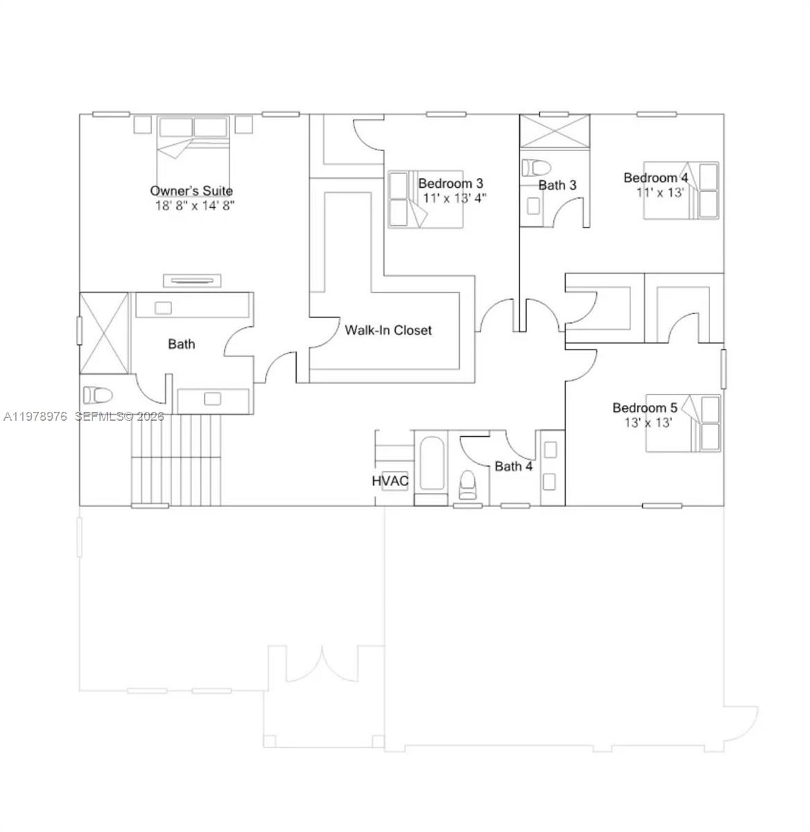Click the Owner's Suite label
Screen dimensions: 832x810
pyautogui.click(x=191, y=191)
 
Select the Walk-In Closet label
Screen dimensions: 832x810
pyautogui.click(x=388, y=330)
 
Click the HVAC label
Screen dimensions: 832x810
pyautogui.click(x=390, y=480)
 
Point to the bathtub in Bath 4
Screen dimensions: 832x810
pyautogui.click(x=431, y=463)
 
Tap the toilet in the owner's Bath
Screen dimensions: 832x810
pyautogui.click(x=98, y=396)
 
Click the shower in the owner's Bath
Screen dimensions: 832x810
pyautogui.click(x=105, y=333)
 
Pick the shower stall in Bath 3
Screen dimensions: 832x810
pyautogui.click(x=555, y=131)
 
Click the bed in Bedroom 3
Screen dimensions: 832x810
pyautogui.click(x=424, y=200)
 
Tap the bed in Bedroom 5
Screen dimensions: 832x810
pyautogui.click(x=683, y=423)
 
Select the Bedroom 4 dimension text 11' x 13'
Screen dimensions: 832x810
pyautogui.click(x=660, y=192)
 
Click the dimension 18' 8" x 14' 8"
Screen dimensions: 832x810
pyautogui.click(x=195, y=205)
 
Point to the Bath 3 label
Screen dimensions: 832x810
pyautogui.click(x=557, y=185)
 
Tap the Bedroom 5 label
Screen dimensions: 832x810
pyautogui.click(x=644, y=408)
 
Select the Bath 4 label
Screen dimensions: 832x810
pyautogui.click(x=513, y=466)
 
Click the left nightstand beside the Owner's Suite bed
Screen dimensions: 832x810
pyautogui.click(x=142, y=124)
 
